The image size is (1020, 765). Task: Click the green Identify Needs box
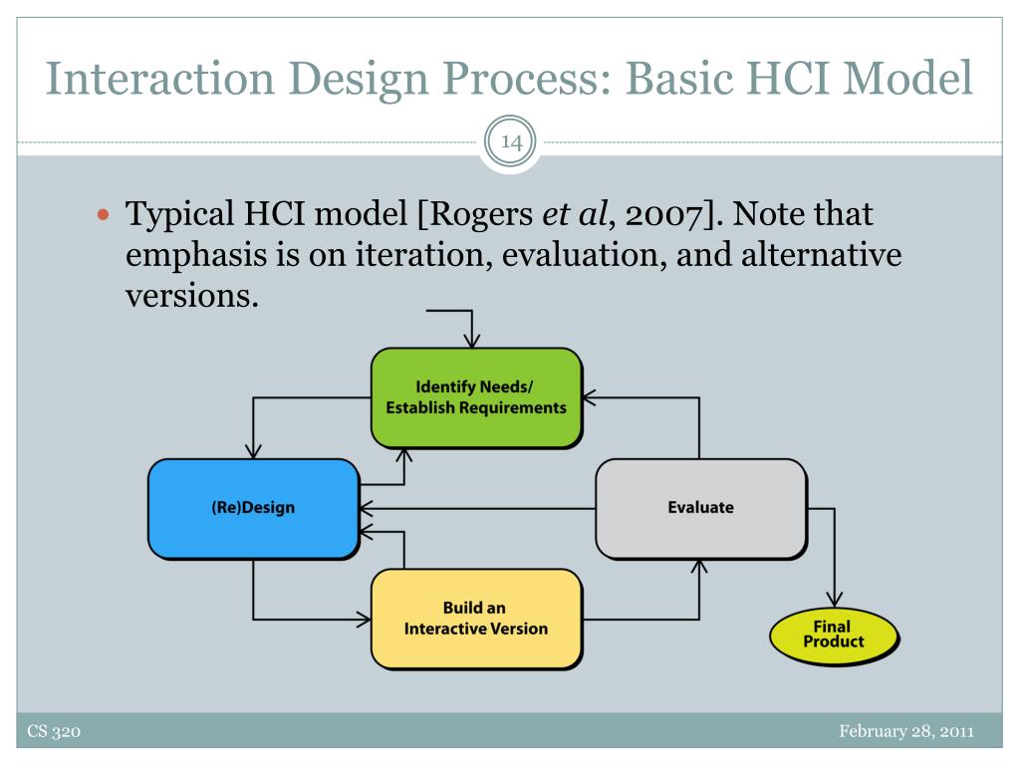(x=476, y=396)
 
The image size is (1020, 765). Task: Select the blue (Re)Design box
(x=252, y=507)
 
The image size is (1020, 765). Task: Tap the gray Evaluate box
(x=699, y=507)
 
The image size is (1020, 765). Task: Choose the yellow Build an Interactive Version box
(x=475, y=619)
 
